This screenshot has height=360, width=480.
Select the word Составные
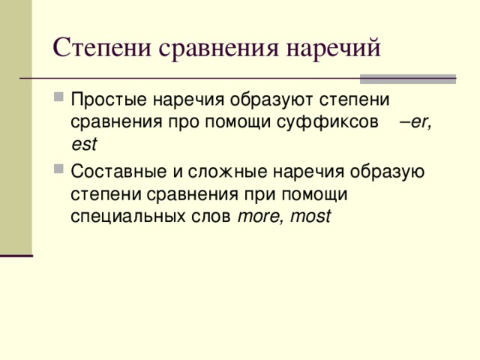(x=117, y=170)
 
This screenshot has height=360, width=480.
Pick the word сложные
(x=228, y=170)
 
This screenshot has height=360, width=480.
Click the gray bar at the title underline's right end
(x=408, y=78)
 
